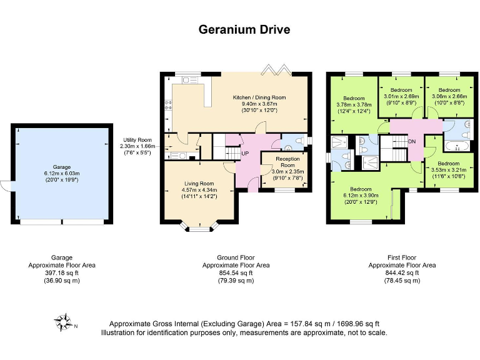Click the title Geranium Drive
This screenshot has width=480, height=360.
click(244, 29)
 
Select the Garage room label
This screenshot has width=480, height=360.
click(61, 168)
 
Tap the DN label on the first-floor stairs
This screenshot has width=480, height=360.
click(412, 141)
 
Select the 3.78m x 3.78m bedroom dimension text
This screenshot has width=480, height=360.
click(354, 104)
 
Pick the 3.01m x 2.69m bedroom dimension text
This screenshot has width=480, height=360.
click(401, 96)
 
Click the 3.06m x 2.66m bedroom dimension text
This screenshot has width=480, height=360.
click(449, 96)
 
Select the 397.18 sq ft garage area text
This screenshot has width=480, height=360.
click(61, 272)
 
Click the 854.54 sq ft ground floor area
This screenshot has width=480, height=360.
click(236, 272)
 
